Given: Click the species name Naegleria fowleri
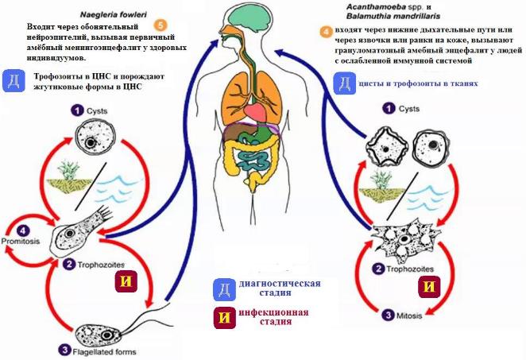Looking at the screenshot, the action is (x=114, y=15).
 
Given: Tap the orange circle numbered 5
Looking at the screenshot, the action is (x=161, y=25).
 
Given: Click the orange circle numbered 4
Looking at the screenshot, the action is (x=326, y=32).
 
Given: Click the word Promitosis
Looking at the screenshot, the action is (x=21, y=242).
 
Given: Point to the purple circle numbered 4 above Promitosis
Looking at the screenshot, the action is (x=22, y=230).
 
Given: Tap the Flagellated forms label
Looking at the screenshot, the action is (x=104, y=352).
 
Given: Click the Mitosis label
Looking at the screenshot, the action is (x=409, y=315).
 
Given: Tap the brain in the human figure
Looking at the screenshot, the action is (x=247, y=16).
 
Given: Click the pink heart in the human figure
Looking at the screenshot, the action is (x=256, y=111).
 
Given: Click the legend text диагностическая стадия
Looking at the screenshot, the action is (x=280, y=288).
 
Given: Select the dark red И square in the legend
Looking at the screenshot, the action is (x=224, y=317).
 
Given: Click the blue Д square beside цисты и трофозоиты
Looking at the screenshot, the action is (x=345, y=83).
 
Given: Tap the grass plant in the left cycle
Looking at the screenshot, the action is (x=68, y=170).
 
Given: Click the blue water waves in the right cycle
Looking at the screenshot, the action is (x=427, y=199).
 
